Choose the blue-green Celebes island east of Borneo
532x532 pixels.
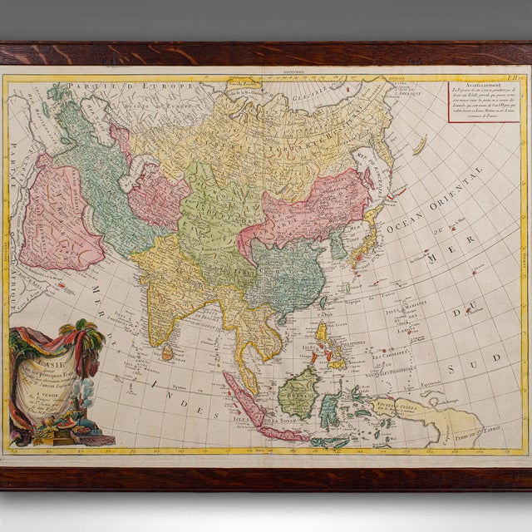(x=332, y=407)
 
